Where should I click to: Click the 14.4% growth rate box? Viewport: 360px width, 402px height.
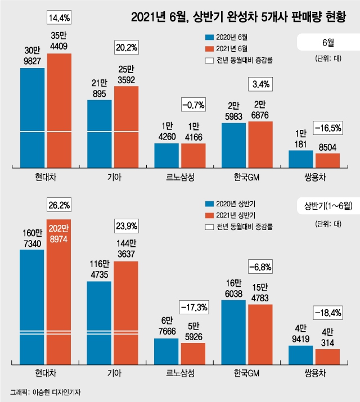59,17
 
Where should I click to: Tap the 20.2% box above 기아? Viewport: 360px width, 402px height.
127,47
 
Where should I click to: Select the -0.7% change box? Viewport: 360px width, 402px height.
193,105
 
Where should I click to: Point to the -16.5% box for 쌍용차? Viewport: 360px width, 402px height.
328,128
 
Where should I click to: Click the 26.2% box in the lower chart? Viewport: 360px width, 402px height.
59,205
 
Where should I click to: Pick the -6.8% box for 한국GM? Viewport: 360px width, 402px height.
260,267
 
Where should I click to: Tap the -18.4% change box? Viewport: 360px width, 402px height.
328,313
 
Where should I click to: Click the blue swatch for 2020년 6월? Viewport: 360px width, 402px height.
209,37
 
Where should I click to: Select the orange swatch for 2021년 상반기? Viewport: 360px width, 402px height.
209,215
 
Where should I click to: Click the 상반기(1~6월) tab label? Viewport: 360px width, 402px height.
328,206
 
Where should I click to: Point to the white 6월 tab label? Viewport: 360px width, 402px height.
328,42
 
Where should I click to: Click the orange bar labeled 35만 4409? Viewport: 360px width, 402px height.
59,111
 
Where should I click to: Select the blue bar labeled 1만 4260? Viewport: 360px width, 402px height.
166,156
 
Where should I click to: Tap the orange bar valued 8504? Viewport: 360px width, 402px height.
328,161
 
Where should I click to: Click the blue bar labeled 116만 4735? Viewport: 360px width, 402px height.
99,323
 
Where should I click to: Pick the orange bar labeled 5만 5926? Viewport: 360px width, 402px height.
193,354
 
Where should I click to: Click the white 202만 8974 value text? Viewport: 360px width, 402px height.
58,233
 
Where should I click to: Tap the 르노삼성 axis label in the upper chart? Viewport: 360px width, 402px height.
180,177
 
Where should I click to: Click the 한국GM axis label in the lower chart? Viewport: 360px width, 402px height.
247,373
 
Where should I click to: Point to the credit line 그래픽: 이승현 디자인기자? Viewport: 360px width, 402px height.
46,392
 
